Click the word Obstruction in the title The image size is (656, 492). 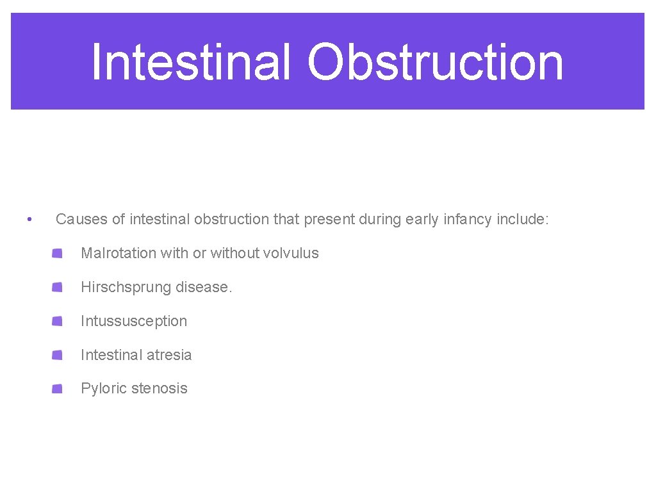pos(436,62)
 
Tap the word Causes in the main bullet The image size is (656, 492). pos(81,219)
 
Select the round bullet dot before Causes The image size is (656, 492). pos(29,220)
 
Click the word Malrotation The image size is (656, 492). pos(119,253)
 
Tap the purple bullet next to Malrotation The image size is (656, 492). pos(58,254)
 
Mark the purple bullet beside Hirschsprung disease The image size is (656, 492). pos(58,287)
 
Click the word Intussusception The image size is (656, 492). pos(134,321)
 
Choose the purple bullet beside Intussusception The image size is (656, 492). pos(58,321)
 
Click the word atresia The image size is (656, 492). pos(168,355)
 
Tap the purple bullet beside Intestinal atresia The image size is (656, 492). pos(58,355)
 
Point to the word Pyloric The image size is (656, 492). pos(104,388)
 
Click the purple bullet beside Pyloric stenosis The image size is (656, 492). pos(58,388)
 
